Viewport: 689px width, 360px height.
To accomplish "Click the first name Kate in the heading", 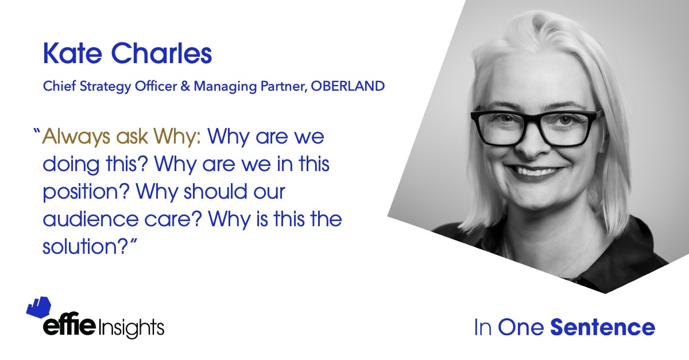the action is pyautogui.click(x=72, y=53).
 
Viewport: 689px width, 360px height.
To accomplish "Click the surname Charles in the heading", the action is pyautogui.click(x=161, y=53).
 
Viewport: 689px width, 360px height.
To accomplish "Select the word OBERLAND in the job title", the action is pyautogui.click(x=347, y=86).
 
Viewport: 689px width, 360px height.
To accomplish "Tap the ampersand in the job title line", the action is pyautogui.click(x=185, y=86).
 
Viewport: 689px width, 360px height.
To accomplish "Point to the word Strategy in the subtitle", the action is pyautogui.click(x=105, y=87).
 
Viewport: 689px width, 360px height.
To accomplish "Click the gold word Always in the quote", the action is pyautogui.click(x=76, y=137).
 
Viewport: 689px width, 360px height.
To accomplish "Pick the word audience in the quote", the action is pyautogui.click(x=91, y=219).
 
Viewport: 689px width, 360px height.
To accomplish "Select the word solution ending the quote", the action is pyautogui.click(x=85, y=246).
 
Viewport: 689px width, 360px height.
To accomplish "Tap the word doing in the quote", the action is pyautogui.click(x=71, y=165).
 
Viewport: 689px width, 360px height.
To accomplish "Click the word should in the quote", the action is pyautogui.click(x=216, y=191).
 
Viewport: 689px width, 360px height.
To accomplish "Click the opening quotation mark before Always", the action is pyautogui.click(x=37, y=131).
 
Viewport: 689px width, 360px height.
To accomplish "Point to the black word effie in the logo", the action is pyautogui.click(x=69, y=324).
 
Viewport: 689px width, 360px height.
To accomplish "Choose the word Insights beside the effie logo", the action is pyautogui.click(x=131, y=328).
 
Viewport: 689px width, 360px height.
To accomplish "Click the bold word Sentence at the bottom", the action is pyautogui.click(x=602, y=327).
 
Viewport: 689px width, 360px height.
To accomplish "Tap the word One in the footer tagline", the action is pyautogui.click(x=521, y=327).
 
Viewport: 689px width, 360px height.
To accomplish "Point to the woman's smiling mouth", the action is pyautogui.click(x=535, y=172).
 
